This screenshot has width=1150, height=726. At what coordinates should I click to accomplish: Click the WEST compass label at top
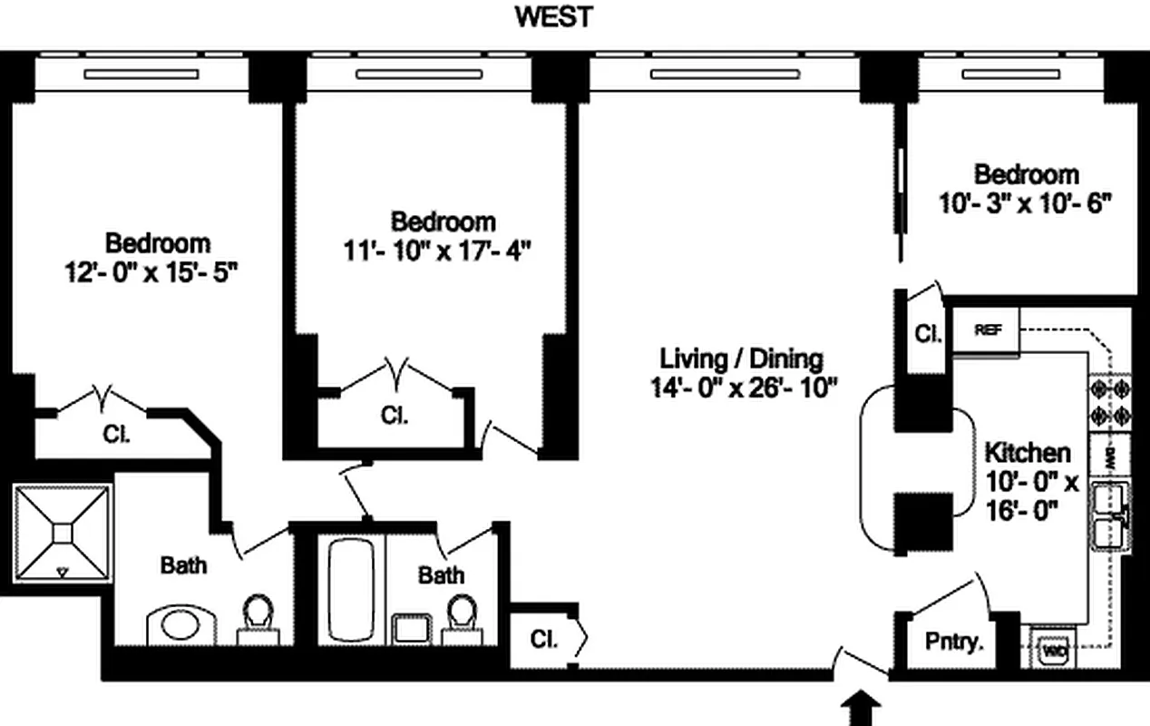tap(554, 17)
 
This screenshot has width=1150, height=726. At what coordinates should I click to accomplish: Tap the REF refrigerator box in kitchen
tap(988, 330)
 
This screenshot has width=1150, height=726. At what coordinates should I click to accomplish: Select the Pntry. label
tap(954, 643)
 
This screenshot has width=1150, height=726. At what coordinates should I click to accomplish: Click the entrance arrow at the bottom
tap(862, 710)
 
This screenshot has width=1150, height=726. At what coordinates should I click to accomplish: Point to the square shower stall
tap(62, 533)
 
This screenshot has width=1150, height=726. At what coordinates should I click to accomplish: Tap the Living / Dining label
tap(741, 358)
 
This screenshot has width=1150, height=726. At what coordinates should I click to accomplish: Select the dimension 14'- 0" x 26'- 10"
tap(741, 388)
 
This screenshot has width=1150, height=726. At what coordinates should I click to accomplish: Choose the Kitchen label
tap(1028, 452)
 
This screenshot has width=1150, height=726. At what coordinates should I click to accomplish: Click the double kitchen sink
tap(1109, 517)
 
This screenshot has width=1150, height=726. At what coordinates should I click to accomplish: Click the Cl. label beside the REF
tap(927, 334)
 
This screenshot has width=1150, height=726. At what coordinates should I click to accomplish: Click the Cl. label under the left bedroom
tap(115, 433)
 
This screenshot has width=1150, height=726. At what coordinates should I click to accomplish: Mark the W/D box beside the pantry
tap(1053, 650)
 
